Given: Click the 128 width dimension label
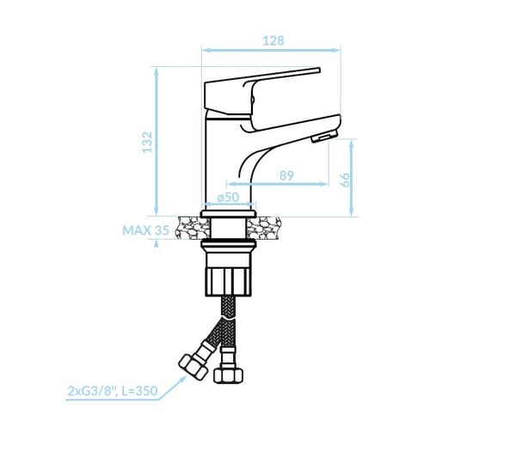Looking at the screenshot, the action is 273,40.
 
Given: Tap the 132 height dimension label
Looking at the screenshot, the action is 147,142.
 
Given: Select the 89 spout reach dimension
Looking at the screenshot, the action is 286,175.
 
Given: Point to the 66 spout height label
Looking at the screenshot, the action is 345,180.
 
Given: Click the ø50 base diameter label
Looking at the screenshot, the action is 228,198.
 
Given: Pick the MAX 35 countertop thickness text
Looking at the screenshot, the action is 146,230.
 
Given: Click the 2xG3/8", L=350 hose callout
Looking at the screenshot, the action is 113,391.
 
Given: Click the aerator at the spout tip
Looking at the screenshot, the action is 324,136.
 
